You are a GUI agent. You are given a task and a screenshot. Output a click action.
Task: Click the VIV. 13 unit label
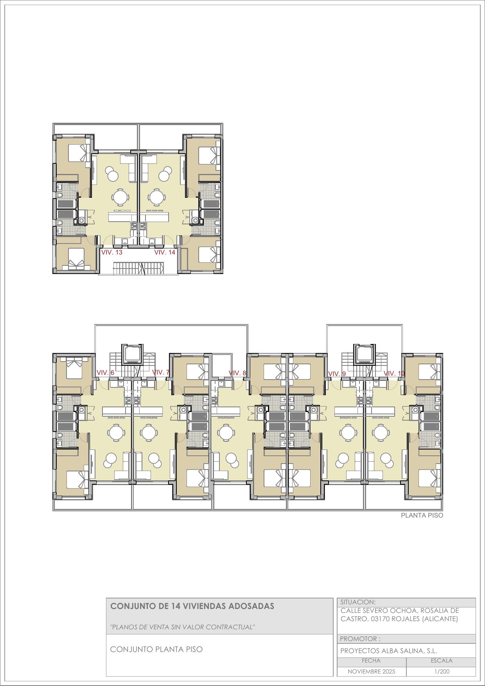112,253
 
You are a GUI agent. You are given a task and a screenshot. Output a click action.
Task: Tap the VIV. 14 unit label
165,253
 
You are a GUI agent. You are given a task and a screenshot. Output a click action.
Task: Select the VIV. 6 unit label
105,373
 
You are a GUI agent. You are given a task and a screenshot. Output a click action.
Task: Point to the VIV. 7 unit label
161,372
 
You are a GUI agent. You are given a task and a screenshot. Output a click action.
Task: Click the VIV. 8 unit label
237,373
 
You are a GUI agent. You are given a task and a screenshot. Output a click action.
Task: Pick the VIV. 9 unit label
337,374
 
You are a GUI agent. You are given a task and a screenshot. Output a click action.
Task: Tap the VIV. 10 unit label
394,374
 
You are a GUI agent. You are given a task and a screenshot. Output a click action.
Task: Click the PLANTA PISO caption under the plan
422,516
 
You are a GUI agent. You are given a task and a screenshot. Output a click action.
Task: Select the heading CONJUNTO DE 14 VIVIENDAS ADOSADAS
192,606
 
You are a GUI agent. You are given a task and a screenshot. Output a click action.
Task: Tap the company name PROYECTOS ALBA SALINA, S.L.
389,651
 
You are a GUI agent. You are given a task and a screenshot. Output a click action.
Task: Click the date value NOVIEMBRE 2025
372,672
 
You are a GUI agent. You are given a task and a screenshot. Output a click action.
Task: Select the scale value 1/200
442,672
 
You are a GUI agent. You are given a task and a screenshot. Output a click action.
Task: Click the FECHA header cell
371,661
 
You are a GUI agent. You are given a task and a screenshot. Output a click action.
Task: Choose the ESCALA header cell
442,661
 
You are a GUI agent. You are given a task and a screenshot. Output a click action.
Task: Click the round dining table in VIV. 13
120,197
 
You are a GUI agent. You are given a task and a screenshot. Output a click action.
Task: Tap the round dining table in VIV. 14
156,197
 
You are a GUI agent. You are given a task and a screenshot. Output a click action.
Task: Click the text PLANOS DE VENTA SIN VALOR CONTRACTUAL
183,627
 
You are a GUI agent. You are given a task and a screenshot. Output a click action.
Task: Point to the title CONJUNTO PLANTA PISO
156,649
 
